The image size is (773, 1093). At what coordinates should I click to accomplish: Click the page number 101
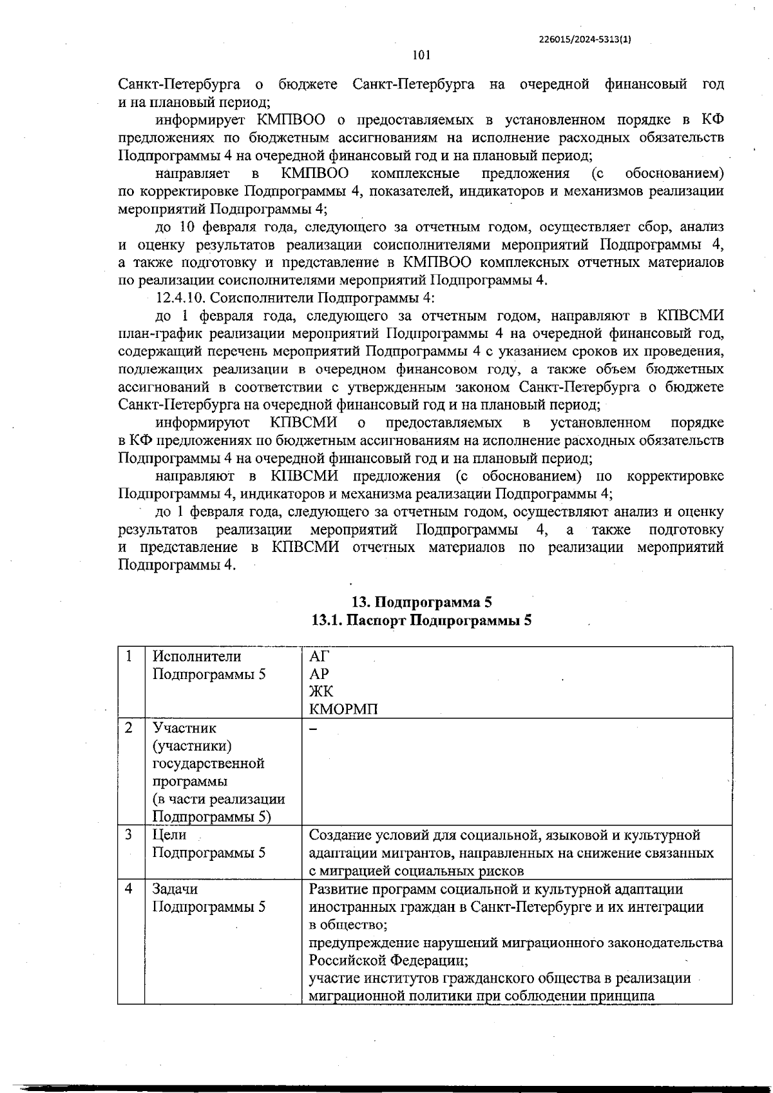(421, 55)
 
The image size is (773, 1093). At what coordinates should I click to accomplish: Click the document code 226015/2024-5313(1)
(584, 39)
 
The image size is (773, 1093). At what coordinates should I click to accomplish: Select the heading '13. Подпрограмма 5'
(421, 602)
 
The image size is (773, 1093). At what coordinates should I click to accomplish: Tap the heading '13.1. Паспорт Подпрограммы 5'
(421, 620)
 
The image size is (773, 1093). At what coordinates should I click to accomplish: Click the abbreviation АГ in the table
(320, 656)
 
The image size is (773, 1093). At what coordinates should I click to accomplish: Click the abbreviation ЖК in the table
(321, 692)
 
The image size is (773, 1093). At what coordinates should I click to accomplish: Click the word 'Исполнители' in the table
(196, 656)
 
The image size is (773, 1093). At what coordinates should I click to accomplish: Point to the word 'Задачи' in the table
(175, 889)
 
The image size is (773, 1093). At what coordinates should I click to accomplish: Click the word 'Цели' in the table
(169, 835)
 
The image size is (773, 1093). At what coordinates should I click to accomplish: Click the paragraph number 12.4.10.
(182, 298)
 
